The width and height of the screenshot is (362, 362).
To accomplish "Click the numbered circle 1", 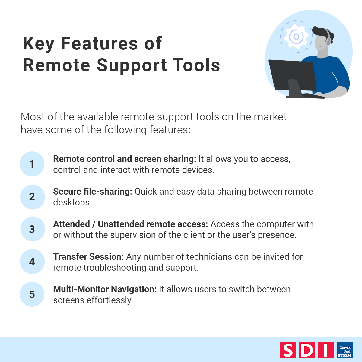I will click(x=32, y=164).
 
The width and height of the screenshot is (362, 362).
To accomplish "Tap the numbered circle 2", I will click(x=32, y=197).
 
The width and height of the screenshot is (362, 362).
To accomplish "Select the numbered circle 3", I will click(x=32, y=229).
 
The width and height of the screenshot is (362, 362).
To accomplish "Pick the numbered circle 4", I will click(x=32, y=262).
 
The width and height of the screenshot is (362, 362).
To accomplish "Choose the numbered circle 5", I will click(x=32, y=294).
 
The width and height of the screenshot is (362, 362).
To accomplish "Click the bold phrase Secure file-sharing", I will click(x=92, y=192).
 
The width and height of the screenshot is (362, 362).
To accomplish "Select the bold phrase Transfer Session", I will click(x=88, y=257).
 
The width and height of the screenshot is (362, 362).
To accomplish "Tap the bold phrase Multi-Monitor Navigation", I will click(x=105, y=289).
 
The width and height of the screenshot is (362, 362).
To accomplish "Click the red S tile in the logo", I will click(x=288, y=350).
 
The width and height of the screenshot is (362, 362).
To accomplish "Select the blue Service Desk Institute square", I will click(x=345, y=350).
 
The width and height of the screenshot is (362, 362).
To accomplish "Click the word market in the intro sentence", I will click(x=270, y=117).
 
